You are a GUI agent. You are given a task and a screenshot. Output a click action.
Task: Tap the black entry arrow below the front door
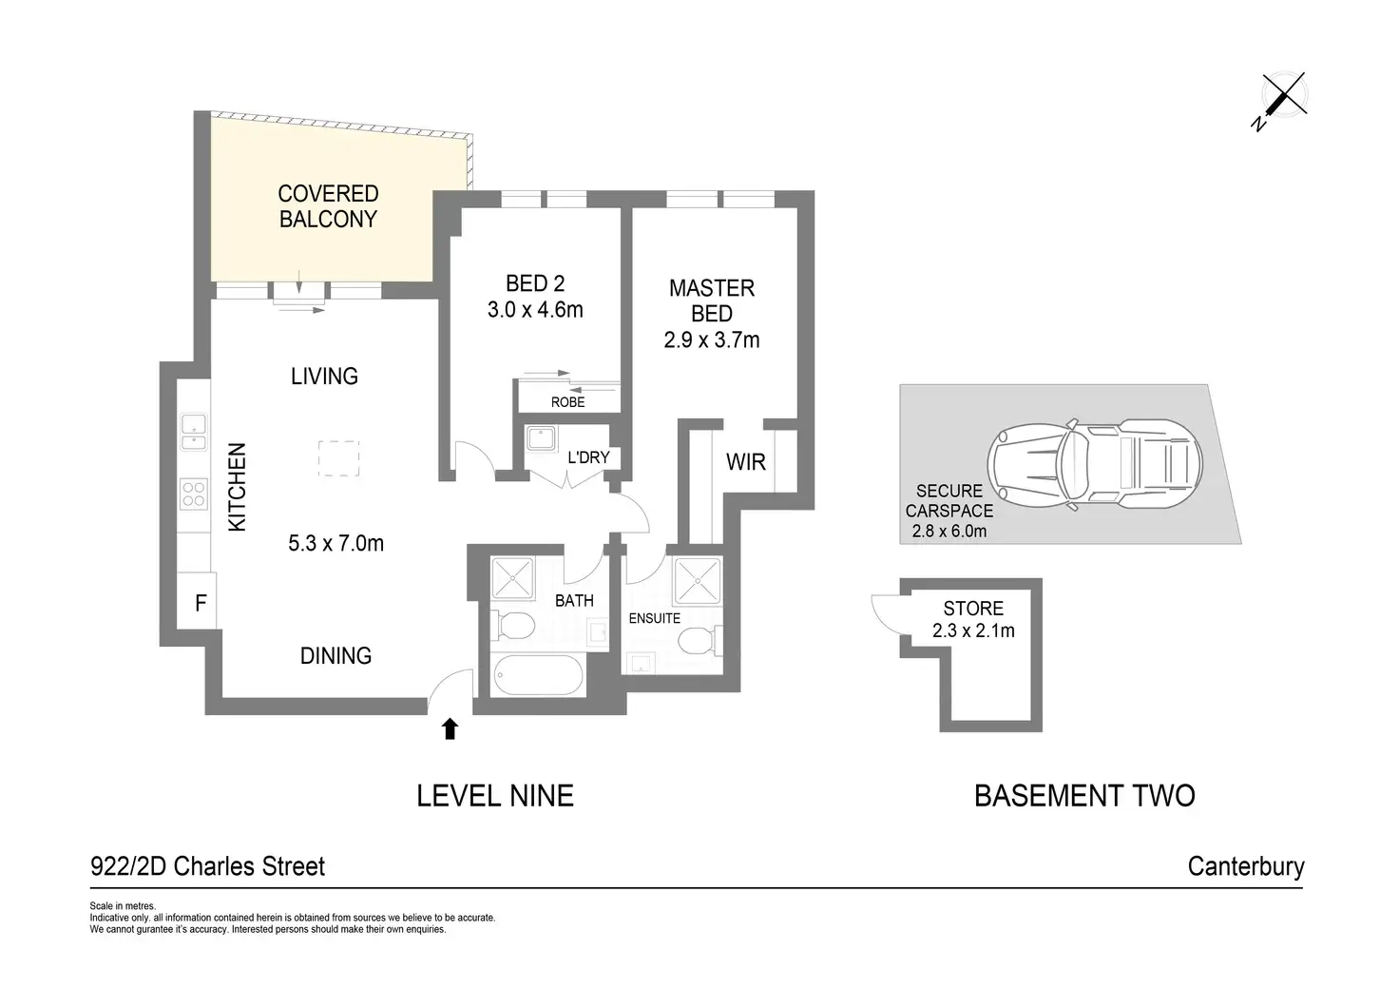pyautogui.click(x=450, y=728)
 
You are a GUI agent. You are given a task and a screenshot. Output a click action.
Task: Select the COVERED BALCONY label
pyautogui.click(x=328, y=206)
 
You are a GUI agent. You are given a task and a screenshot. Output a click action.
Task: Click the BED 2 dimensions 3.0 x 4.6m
pyautogui.click(x=535, y=310)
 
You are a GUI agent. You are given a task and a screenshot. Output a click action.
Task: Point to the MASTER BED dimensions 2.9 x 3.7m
pyautogui.click(x=711, y=339)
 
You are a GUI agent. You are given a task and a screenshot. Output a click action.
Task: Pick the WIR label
pyautogui.click(x=746, y=462)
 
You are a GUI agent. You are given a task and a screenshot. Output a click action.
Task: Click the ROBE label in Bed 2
pyautogui.click(x=567, y=402)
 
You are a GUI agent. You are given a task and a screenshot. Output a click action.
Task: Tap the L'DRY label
pyautogui.click(x=588, y=457)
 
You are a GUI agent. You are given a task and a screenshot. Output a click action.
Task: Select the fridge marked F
pyautogui.click(x=198, y=601)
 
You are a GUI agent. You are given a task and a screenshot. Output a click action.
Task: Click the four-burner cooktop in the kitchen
pyautogui.click(x=194, y=494)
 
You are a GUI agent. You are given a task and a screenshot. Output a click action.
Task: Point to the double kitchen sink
pyautogui.click(x=194, y=433)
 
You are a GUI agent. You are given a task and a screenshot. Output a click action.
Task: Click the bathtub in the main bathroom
pyautogui.click(x=538, y=675)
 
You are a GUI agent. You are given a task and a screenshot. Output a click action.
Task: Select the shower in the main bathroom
pyautogui.click(x=513, y=578)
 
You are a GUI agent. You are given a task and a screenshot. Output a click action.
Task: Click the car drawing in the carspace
pyautogui.click(x=1095, y=464)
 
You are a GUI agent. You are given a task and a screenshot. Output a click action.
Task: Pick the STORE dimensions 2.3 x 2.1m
pyautogui.click(x=973, y=630)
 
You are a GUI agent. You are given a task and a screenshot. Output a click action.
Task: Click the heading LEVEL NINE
pyautogui.click(x=495, y=796)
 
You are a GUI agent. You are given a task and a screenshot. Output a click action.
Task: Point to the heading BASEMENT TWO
pyautogui.click(x=1084, y=796)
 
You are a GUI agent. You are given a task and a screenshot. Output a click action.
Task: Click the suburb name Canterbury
pyautogui.click(x=1246, y=866)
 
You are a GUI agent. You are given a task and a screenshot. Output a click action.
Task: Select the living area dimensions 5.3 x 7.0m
pyautogui.click(x=336, y=544)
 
